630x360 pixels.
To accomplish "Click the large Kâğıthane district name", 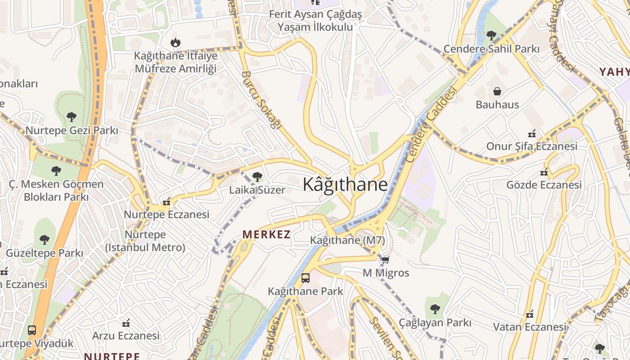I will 345,184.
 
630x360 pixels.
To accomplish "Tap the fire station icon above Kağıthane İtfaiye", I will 175,43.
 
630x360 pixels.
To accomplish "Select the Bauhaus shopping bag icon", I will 497,92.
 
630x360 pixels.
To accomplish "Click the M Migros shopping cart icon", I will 385,260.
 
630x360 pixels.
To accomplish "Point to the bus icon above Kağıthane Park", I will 306,278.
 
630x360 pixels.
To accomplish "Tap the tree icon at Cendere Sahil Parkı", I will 491,35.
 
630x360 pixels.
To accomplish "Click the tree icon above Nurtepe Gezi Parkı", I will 72,117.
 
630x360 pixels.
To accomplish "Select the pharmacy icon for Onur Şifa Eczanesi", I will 531,133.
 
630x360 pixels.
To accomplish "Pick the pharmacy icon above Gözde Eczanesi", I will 544,171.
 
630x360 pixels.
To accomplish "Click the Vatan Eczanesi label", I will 530,327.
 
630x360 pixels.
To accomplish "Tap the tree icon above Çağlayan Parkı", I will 435,309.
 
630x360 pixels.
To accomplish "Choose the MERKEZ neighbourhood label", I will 266,234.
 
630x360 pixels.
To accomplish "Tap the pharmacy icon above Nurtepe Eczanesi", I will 166,202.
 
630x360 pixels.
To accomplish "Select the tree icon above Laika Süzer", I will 257,177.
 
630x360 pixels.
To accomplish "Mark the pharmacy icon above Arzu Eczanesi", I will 126,323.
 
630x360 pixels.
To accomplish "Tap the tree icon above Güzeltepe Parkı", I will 44,239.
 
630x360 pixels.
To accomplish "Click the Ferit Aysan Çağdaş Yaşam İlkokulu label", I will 315,21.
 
